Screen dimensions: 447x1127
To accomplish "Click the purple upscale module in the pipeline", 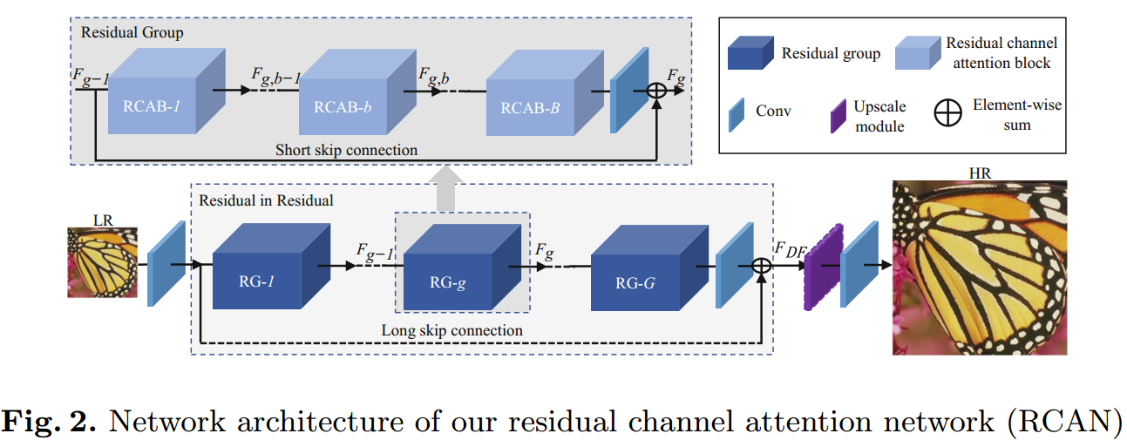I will coord(819,266).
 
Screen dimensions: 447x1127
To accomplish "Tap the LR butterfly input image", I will coord(103,262).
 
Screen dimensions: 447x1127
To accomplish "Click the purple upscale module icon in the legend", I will coord(838,116).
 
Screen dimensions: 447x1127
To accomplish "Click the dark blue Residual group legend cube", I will coord(750,52).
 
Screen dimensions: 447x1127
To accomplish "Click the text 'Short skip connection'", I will coord(346,150).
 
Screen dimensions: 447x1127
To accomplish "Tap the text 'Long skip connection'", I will coord(451,330).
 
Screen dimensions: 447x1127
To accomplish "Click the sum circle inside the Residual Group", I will coord(656,91).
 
